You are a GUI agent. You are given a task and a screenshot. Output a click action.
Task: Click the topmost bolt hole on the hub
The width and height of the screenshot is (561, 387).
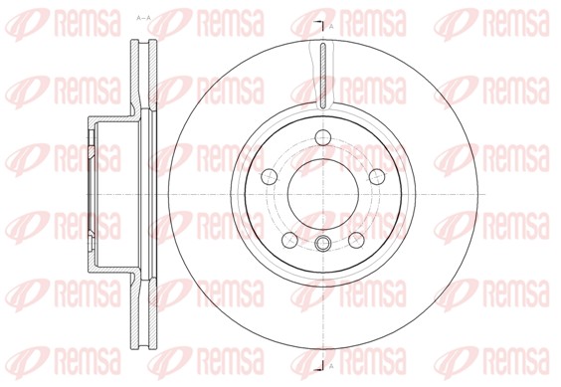pyautogui.click(x=322, y=137)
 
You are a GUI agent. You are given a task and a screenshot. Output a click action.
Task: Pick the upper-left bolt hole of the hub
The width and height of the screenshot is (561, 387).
pyautogui.click(x=269, y=176)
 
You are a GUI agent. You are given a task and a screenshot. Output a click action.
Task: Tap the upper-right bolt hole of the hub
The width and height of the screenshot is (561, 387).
pyautogui.click(x=376, y=176)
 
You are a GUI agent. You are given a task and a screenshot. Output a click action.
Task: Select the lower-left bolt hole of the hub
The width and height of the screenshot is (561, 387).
pyautogui.click(x=288, y=239)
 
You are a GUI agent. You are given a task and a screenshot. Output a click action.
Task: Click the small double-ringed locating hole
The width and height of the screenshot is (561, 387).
pyautogui.click(x=322, y=246)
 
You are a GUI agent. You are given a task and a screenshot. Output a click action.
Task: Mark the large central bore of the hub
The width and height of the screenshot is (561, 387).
pyautogui.click(x=322, y=193)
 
